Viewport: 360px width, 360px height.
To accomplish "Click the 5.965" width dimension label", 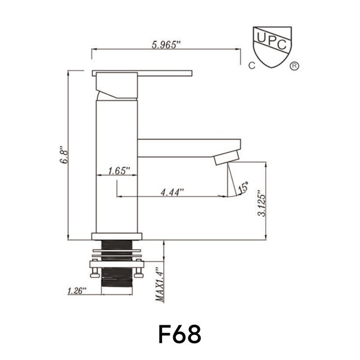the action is click(x=166, y=45).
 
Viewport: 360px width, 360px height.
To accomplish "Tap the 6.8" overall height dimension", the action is click(x=64, y=154).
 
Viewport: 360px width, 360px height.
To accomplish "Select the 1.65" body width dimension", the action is click(x=119, y=170).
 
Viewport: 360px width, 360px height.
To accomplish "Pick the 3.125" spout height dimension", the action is click(x=262, y=203).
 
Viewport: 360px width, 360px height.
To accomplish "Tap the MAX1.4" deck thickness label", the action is click(x=160, y=284).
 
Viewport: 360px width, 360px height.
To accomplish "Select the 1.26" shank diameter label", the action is click(x=77, y=290).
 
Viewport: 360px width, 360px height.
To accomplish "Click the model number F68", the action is click(x=179, y=334).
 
